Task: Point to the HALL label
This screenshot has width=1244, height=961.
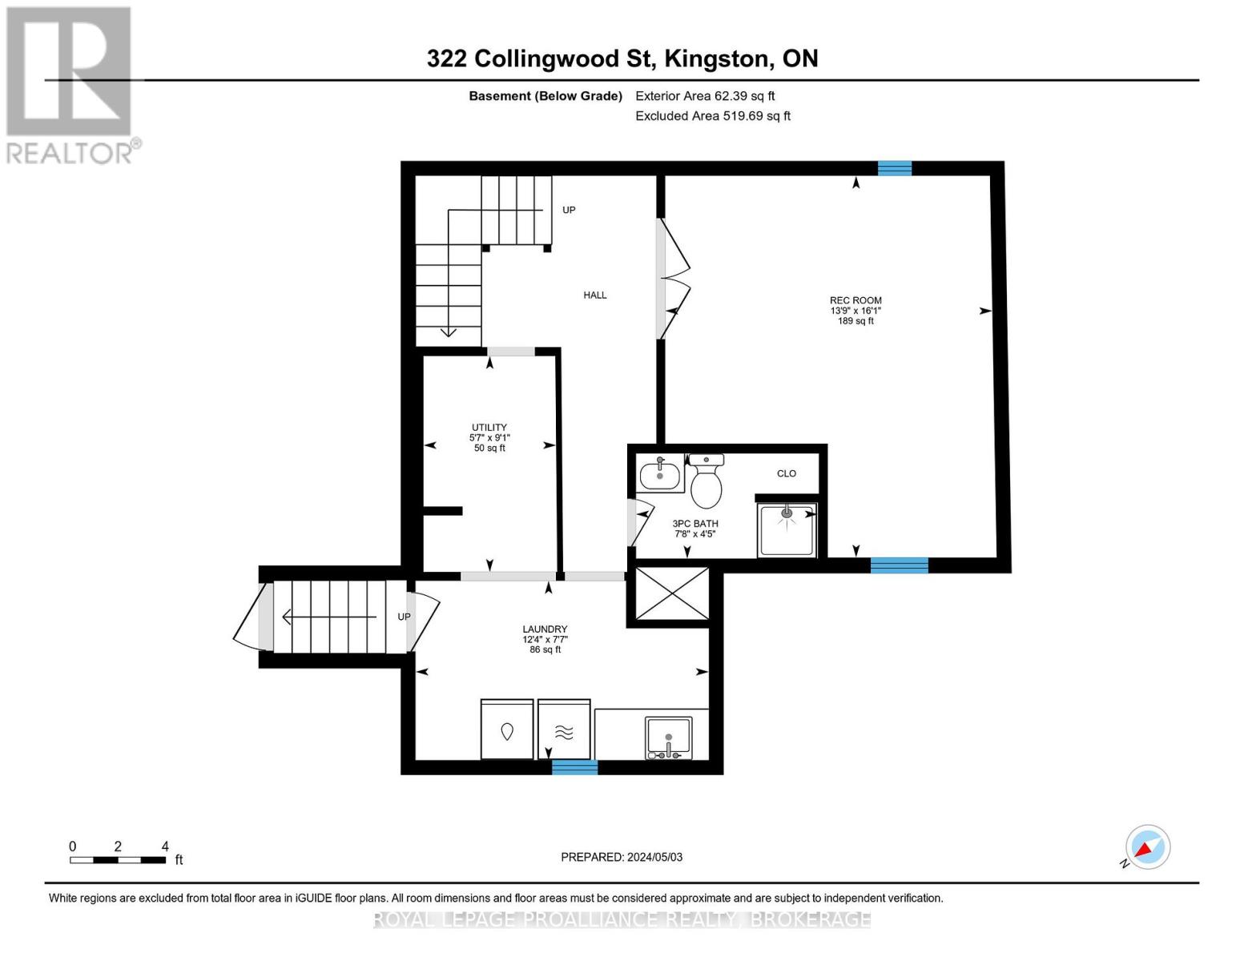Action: click(x=595, y=296)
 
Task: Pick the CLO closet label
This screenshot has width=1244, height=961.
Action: click(x=787, y=473)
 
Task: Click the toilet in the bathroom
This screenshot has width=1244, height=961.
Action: click(x=706, y=483)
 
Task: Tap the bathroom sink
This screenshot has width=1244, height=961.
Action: click(x=660, y=476)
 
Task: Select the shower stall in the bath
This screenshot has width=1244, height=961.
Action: click(x=787, y=529)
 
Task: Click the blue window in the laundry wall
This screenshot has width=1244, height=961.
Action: click(x=574, y=767)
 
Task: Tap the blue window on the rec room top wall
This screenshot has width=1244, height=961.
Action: click(x=895, y=168)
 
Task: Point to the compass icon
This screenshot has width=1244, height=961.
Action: click(x=1147, y=847)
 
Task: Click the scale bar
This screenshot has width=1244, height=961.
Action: click(x=118, y=860)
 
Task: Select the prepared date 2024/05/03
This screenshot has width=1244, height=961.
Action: click(x=622, y=857)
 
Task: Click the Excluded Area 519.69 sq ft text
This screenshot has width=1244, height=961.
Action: click(x=713, y=116)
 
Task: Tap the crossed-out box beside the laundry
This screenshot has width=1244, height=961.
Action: click(x=672, y=593)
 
